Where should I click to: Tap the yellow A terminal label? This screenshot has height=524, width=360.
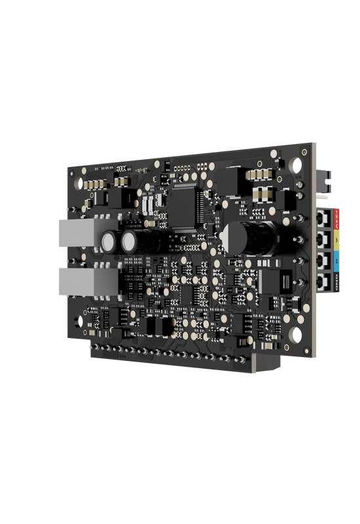coord(336,238)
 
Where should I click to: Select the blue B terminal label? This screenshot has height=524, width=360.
coord(336,261)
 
